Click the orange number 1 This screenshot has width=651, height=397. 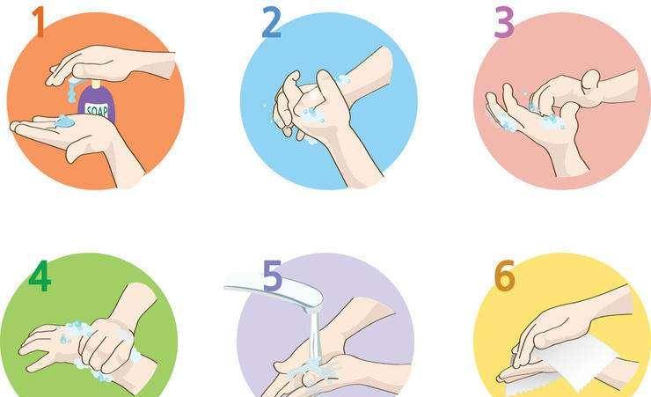coord(38,22)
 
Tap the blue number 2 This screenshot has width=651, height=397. coord(272,23)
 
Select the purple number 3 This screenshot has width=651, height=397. coord(504,22)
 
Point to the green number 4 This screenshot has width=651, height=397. coord(40,276)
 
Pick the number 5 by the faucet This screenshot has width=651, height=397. coord(273,275)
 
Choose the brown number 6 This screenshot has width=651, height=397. coord(504,276)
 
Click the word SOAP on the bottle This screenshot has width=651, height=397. coord(96,110)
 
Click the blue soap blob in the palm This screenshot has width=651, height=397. coord(64,121)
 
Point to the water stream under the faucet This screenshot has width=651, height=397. coord(314,336)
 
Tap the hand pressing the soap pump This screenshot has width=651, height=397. coord(110,64)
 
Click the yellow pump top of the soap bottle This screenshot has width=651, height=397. coord(96,84)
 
